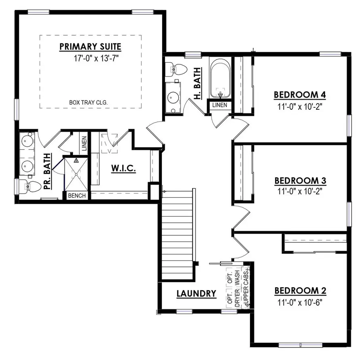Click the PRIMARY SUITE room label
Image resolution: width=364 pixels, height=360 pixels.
90,46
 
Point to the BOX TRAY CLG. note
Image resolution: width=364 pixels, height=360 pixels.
88,103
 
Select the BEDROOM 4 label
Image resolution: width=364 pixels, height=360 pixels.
300,95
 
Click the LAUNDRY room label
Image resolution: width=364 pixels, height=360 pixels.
196,294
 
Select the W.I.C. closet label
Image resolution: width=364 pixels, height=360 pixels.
124,168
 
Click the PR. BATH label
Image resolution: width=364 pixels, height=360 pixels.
47,172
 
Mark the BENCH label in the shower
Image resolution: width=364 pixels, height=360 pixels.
76,196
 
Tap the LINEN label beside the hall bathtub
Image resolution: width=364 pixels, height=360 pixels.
220,105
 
